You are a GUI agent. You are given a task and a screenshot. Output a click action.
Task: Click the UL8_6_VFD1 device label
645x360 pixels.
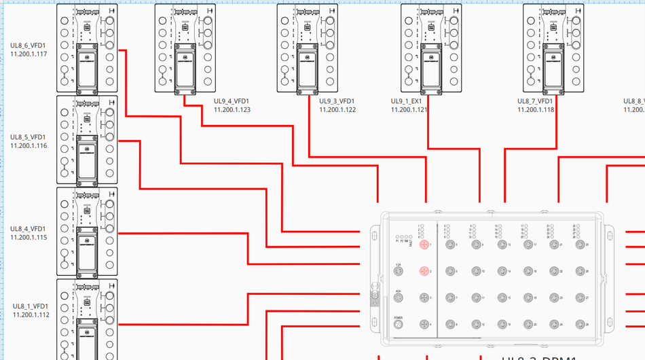pyautogui.click(x=29, y=46)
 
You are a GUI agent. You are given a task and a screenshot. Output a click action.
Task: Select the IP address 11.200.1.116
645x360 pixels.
pyautogui.click(x=29, y=145)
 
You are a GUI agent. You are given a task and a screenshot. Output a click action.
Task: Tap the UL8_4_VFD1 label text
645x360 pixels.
pyautogui.click(x=29, y=228)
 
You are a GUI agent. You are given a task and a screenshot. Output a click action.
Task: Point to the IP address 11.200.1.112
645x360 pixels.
pyautogui.click(x=31, y=314)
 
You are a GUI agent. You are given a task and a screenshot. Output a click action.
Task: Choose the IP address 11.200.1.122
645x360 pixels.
pyautogui.click(x=337, y=109)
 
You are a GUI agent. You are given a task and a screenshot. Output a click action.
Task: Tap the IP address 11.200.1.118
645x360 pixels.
pyautogui.click(x=536, y=109)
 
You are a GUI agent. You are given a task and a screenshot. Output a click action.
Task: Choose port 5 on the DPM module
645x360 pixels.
pyautogui.click(x=448, y=245)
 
